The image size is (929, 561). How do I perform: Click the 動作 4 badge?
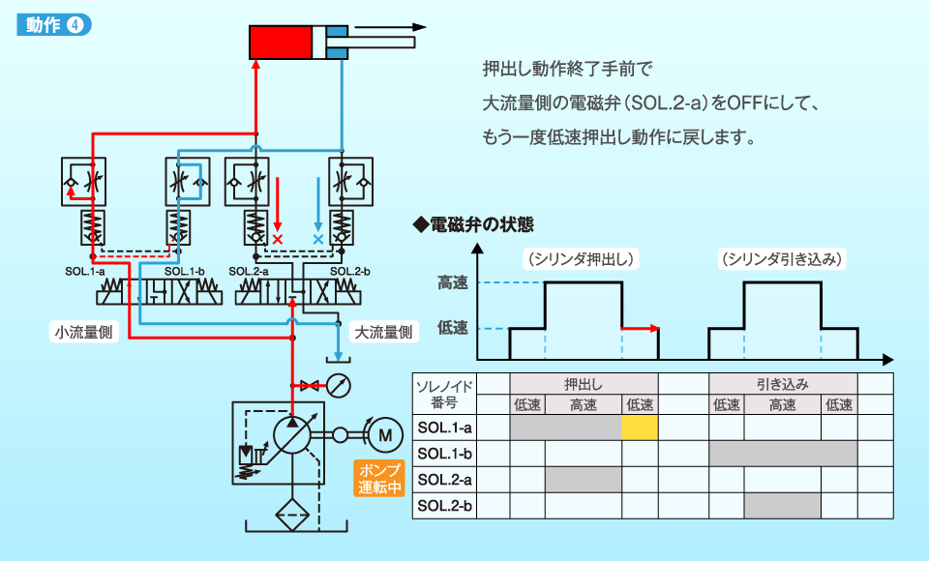(54, 25)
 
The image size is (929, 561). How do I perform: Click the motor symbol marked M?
(385, 435)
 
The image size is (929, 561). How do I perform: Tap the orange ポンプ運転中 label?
(379, 478)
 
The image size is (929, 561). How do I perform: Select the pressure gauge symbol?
(339, 386)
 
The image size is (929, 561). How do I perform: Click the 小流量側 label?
(83, 332)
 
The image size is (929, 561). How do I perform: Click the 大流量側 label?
(383, 332)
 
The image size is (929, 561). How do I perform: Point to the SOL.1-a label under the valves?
(85, 272)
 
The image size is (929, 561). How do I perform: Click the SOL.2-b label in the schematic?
(350, 272)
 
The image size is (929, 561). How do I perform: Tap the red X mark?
(278, 239)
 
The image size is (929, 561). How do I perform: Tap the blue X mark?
(318, 239)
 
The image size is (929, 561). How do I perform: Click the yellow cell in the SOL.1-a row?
(640, 428)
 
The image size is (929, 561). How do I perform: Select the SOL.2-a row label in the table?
(444, 479)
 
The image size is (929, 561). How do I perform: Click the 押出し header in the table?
(584, 384)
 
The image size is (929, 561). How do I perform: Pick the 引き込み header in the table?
(783, 384)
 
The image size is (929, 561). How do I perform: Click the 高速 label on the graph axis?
(453, 282)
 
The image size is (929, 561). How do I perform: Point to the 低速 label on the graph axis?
(453, 328)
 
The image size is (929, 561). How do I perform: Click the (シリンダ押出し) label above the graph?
(582, 259)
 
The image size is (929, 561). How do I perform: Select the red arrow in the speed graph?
(641, 328)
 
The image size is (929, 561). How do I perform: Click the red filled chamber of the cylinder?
(281, 42)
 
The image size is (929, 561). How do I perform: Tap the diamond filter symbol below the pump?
(292, 515)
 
